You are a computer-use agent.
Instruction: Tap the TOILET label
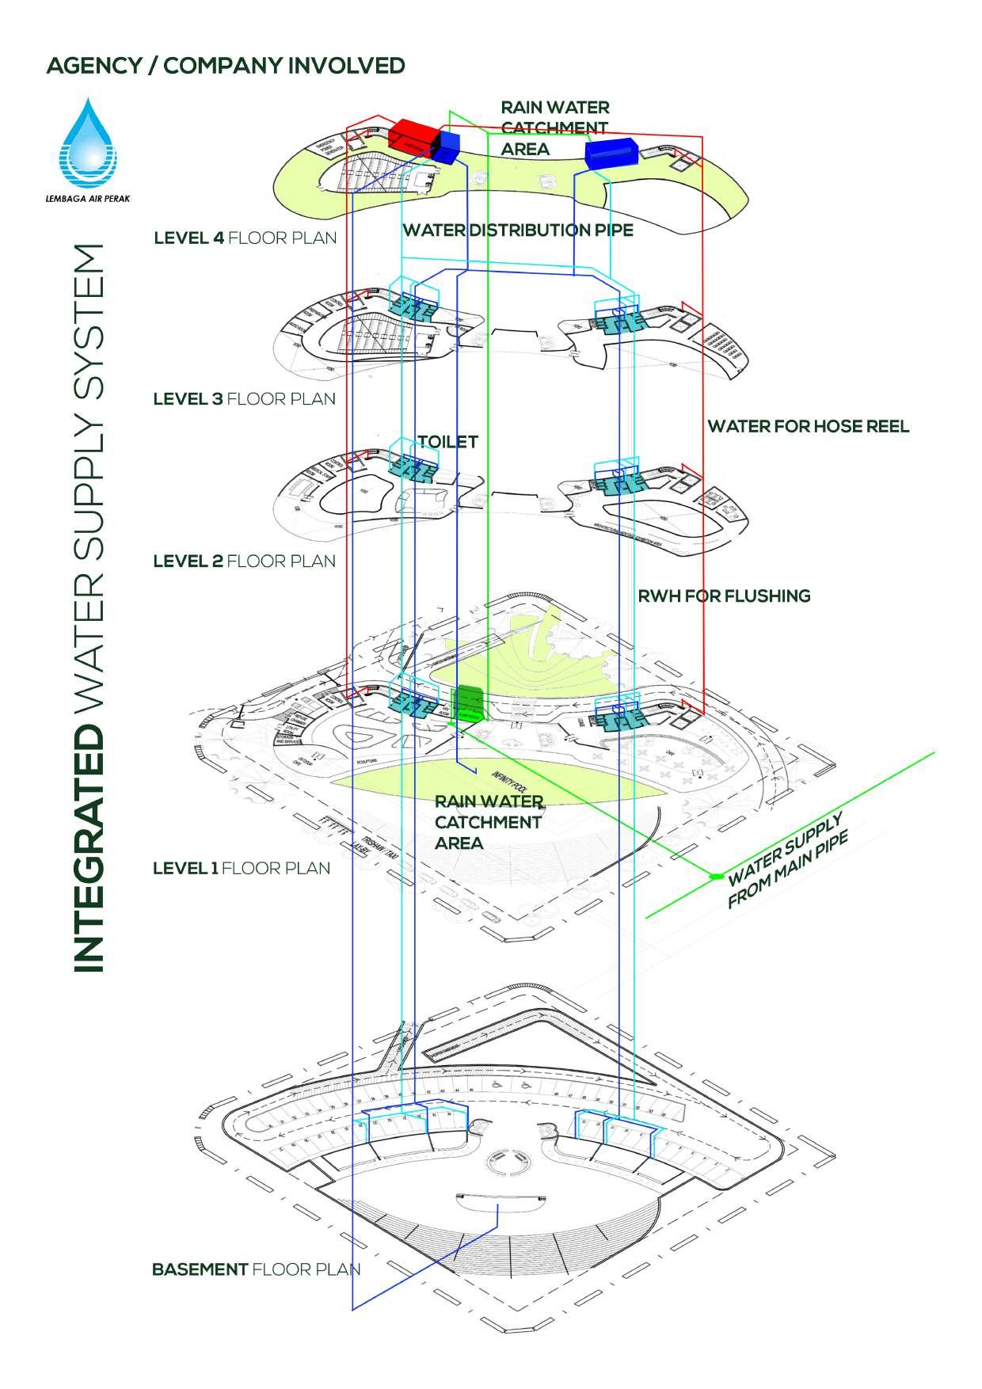pyautogui.click(x=447, y=442)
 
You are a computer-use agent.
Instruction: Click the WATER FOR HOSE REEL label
pyautogui.click(x=808, y=427)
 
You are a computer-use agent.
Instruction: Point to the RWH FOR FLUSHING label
pyautogui.click(x=724, y=596)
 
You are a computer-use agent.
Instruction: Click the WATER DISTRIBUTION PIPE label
pyautogui.click(x=518, y=230)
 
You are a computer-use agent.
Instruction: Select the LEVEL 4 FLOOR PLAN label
pyautogui.click(x=245, y=238)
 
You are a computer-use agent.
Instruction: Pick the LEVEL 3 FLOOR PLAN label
pyautogui.click(x=244, y=398)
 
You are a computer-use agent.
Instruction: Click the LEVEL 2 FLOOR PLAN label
pyautogui.click(x=244, y=561)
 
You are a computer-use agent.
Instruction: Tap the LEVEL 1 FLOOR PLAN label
pyautogui.click(x=241, y=868)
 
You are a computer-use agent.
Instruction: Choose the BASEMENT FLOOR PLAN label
pyautogui.click(x=255, y=1269)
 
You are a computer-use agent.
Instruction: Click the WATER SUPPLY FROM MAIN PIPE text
pyautogui.click(x=787, y=860)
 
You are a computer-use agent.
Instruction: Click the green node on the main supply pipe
pyautogui.click(x=715, y=876)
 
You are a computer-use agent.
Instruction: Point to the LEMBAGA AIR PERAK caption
pyautogui.click(x=87, y=199)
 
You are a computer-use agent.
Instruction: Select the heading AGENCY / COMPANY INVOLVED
pyautogui.click(x=226, y=65)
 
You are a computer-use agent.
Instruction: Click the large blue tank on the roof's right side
pyautogui.click(x=611, y=153)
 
